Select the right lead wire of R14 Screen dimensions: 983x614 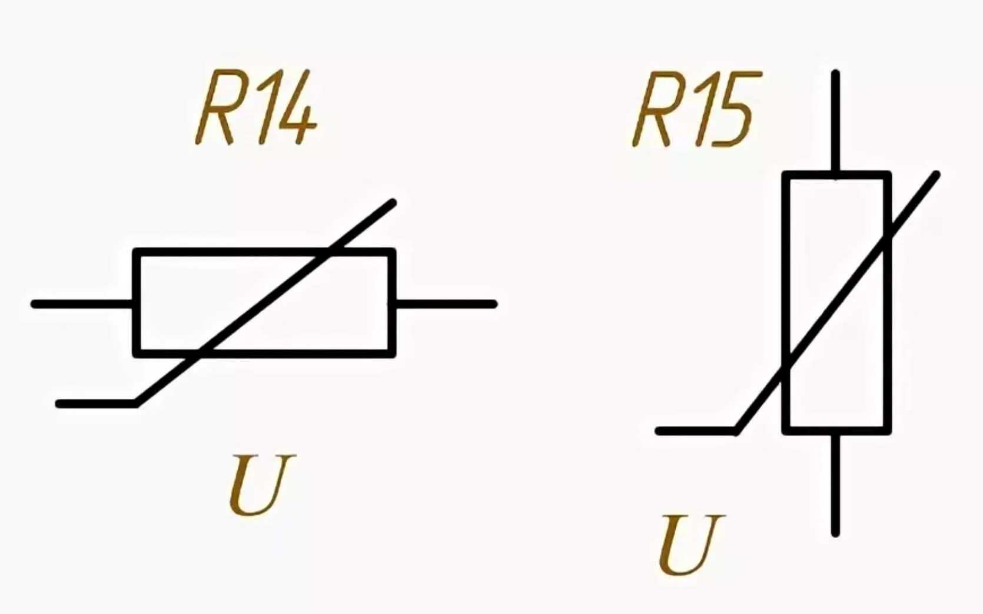click(446, 304)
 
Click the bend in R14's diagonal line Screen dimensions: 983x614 click(137, 403)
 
